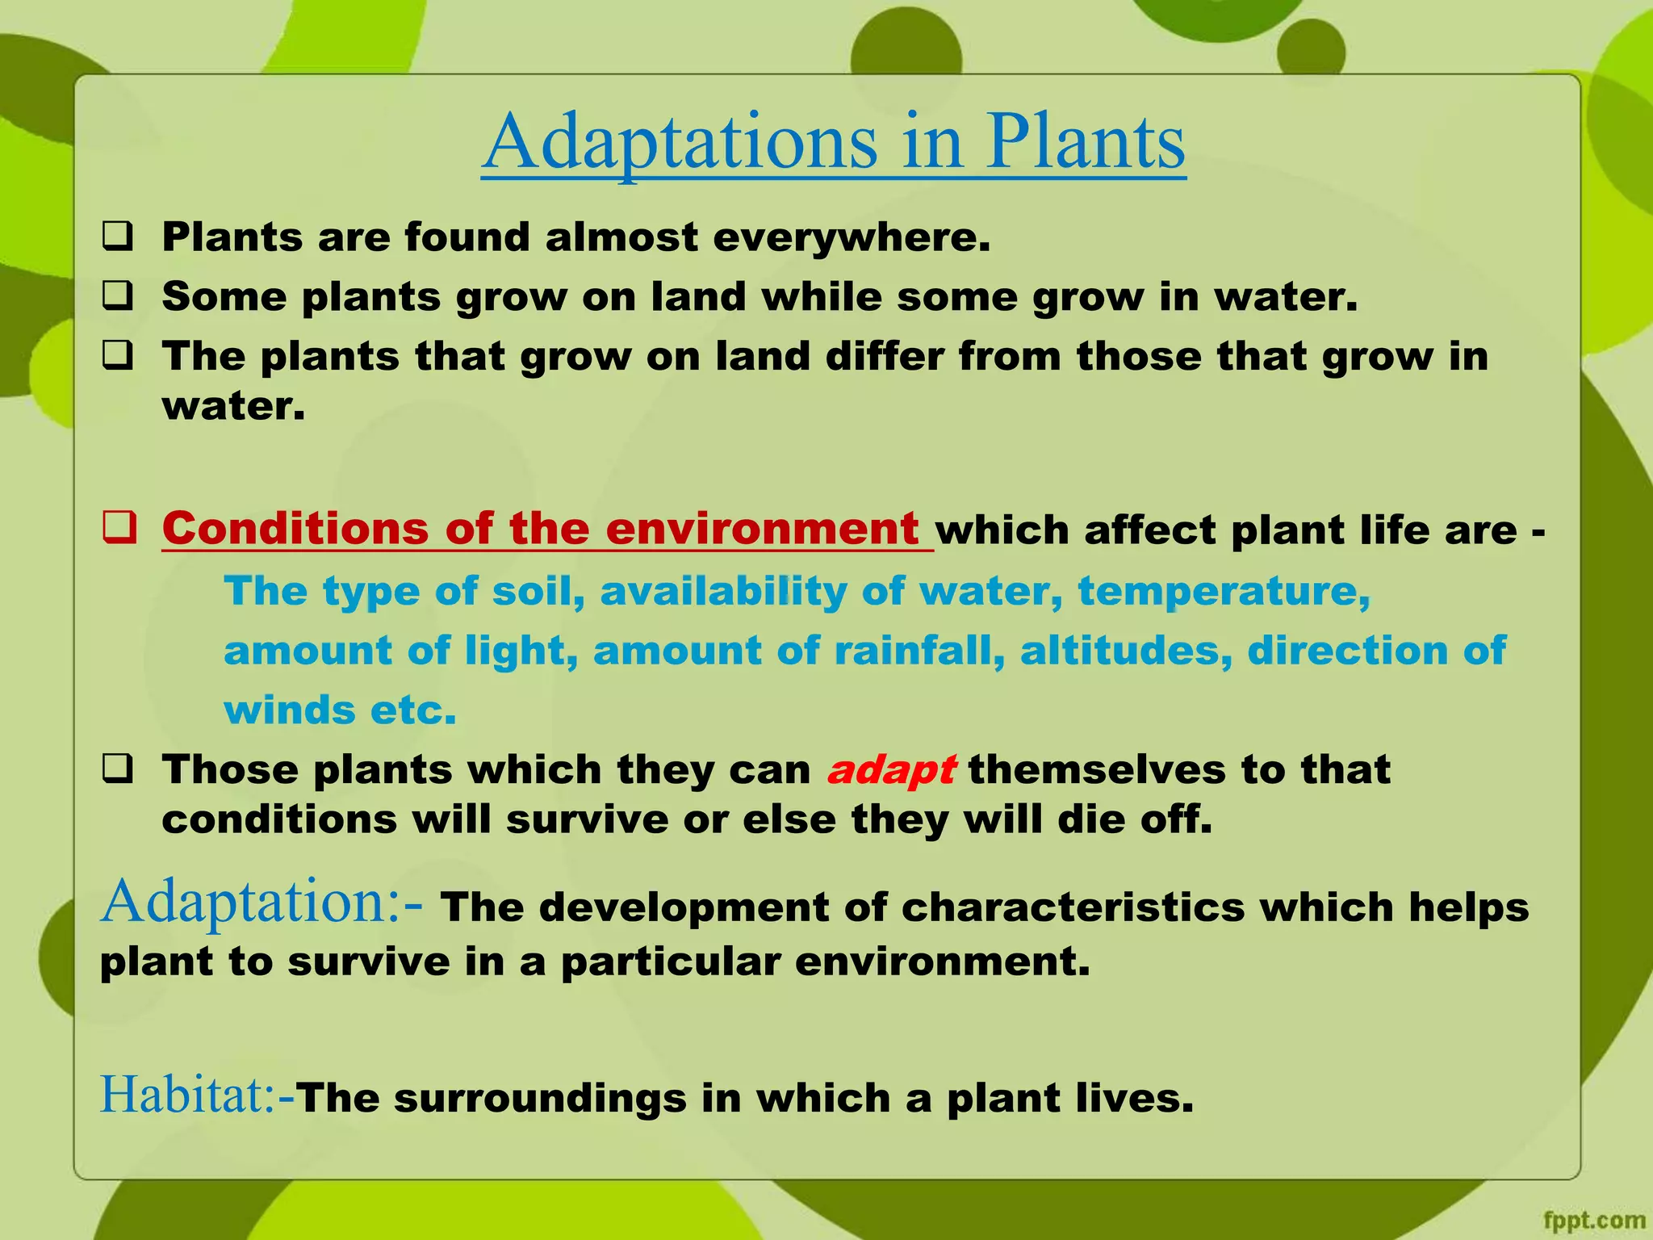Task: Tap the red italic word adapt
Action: (x=891, y=769)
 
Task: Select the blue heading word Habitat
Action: (x=187, y=1095)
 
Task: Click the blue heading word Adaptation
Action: (x=250, y=902)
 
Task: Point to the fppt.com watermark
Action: (x=1593, y=1220)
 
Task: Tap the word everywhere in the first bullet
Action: (x=851, y=237)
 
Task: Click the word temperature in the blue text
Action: (x=1223, y=591)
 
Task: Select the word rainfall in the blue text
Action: (x=919, y=651)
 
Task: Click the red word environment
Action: (x=762, y=530)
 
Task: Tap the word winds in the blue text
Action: (x=289, y=710)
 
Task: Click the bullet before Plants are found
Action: (x=118, y=238)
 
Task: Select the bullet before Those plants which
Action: (x=118, y=769)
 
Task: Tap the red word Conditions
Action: (x=295, y=530)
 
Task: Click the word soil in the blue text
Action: (x=538, y=591)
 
